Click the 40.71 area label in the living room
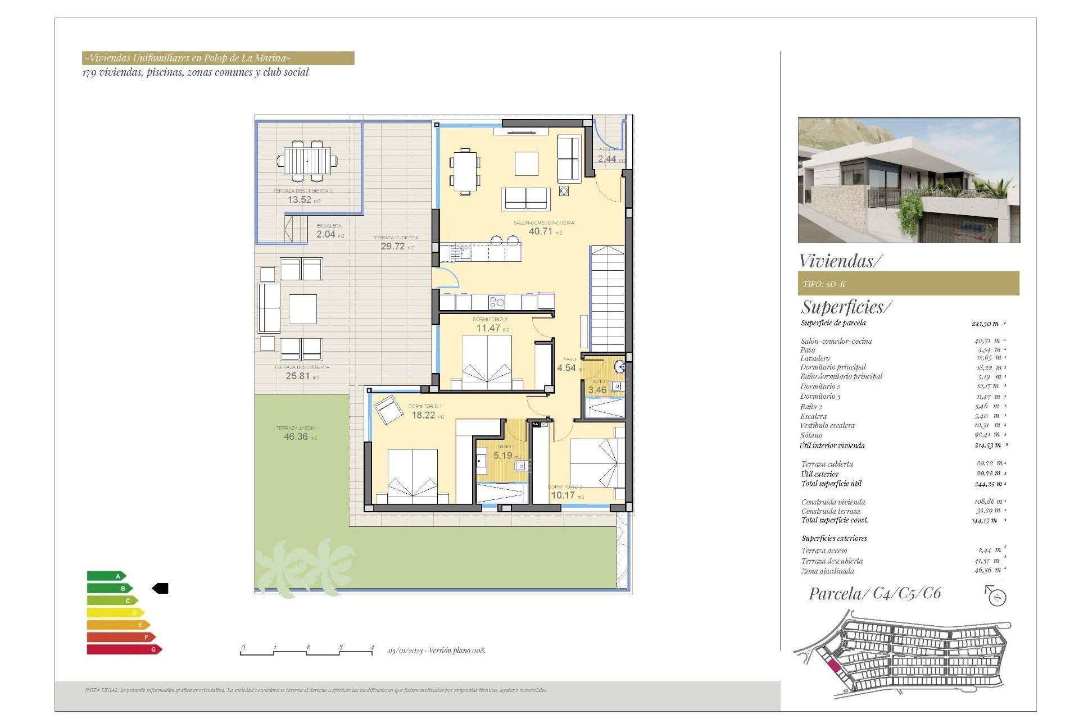(541, 231)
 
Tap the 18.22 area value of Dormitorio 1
(424, 415)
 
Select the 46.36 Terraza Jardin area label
(296, 436)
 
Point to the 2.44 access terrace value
(607, 159)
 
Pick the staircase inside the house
(607, 298)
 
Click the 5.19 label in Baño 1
(503, 456)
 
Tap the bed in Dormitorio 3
(487, 362)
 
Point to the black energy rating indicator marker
(161, 588)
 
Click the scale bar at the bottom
(307, 652)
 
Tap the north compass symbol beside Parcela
(996, 597)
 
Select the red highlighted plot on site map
(834, 666)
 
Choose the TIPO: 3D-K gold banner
(908, 284)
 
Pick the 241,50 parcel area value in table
(985, 324)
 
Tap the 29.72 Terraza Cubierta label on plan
(393, 246)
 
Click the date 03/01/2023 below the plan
(405, 650)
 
